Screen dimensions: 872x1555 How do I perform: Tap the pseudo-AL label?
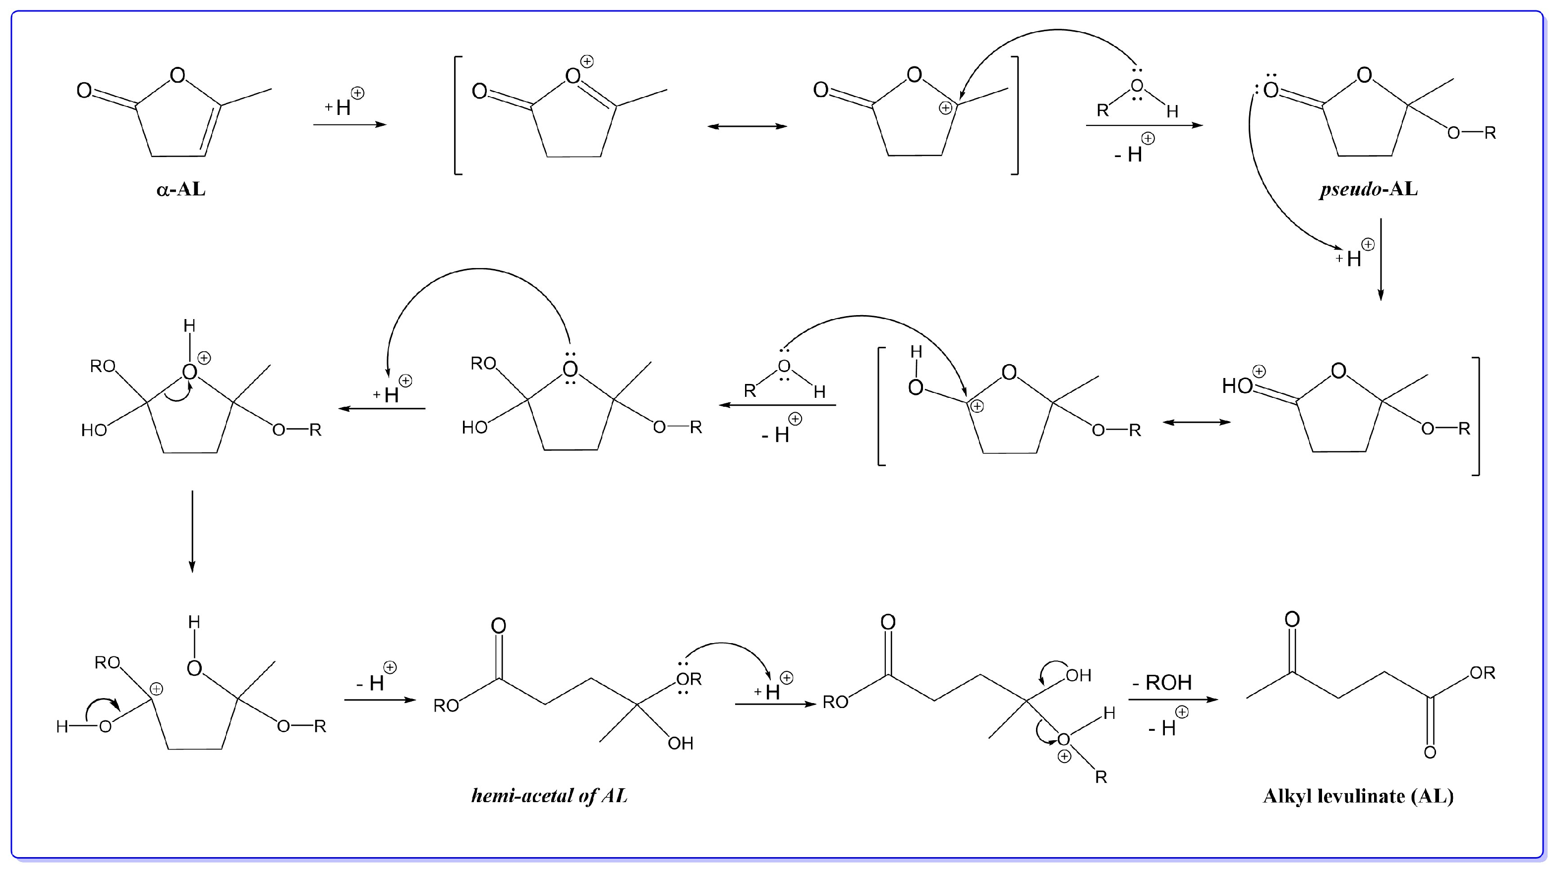pyautogui.click(x=1368, y=189)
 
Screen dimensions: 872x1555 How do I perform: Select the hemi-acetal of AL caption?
pyautogui.click(x=549, y=796)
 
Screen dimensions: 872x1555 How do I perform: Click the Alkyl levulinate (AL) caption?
pyautogui.click(x=1358, y=796)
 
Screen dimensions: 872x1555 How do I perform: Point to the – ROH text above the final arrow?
pyautogui.click(x=1162, y=683)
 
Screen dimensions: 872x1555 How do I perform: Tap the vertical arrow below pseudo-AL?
pyautogui.click(x=1380, y=260)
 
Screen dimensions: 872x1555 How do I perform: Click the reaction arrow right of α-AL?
pyautogui.click(x=349, y=125)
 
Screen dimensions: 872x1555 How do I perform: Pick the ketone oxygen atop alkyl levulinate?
pyautogui.click(x=1292, y=619)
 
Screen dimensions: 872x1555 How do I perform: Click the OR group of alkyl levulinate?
pyautogui.click(x=1482, y=672)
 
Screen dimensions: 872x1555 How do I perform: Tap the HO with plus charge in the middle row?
pyautogui.click(x=1237, y=385)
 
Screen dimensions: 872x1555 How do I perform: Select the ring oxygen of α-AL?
pyautogui.click(x=177, y=75)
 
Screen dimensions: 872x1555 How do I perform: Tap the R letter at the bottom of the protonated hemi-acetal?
pyautogui.click(x=1101, y=777)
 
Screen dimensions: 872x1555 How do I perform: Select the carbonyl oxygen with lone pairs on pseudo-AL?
pyautogui.click(x=1270, y=91)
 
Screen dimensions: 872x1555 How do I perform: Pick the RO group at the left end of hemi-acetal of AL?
pyautogui.click(x=446, y=706)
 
